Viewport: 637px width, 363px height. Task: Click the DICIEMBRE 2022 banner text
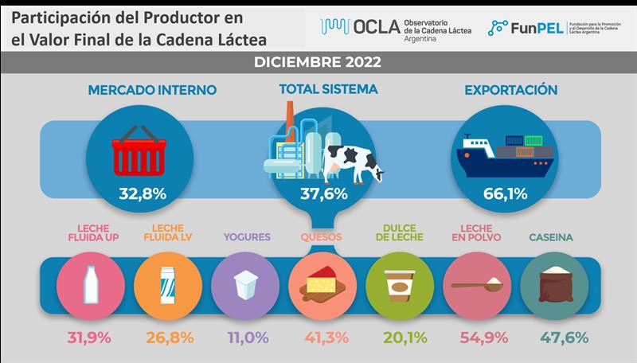pyautogui.click(x=318, y=62)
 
